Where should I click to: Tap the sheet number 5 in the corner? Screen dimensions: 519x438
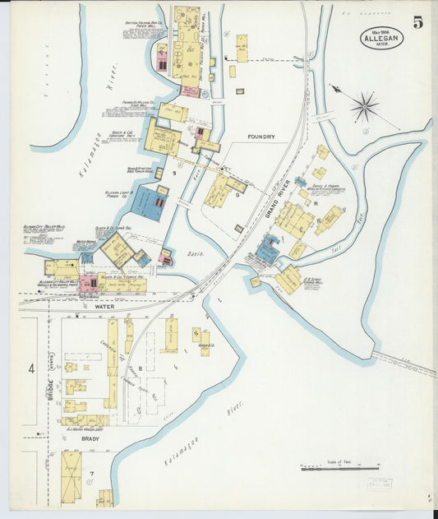point(418,22)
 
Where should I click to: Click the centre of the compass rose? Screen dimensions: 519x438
point(364,105)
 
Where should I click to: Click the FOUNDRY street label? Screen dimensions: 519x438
point(261,137)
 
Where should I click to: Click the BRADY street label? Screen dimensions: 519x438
point(90,438)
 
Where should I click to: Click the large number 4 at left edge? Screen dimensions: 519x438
point(31,369)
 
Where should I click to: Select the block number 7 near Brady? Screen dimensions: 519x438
point(92,474)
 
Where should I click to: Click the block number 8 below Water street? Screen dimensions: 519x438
point(141,368)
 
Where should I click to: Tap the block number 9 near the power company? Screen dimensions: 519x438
point(174,173)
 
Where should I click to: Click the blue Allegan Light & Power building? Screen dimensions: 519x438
point(148,202)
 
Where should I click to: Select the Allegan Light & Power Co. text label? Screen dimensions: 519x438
point(120,194)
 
